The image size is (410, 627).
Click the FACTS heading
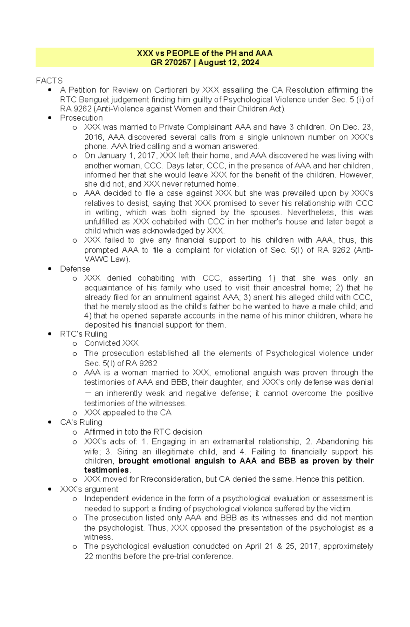pos(49,81)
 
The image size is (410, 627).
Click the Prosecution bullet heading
pos(81,118)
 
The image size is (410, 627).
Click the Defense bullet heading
pos(75,269)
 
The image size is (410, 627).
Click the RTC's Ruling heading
pos(84,334)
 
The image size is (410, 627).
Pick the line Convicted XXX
pos(111,343)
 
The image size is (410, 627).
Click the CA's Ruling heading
pos(81,422)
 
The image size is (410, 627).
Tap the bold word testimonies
pos(106,470)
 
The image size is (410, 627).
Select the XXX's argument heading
pos(89,489)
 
